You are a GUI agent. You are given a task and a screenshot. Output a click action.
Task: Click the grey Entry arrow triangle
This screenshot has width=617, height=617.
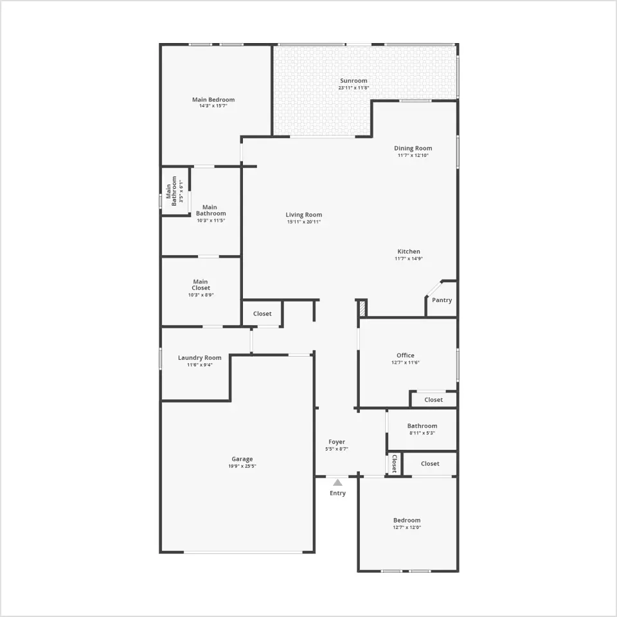(x=337, y=483)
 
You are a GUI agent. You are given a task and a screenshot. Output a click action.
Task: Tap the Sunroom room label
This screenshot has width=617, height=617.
(x=353, y=81)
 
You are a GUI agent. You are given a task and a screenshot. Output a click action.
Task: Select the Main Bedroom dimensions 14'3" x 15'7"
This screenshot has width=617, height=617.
(x=213, y=106)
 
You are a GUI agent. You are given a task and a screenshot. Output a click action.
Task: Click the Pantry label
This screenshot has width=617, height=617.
(x=442, y=300)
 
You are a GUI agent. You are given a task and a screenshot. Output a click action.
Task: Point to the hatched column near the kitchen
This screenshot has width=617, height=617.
(x=362, y=308)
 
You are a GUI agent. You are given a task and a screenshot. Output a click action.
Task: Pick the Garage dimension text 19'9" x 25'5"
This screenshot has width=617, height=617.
(x=242, y=467)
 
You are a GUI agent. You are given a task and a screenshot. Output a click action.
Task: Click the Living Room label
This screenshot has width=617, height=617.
(x=304, y=215)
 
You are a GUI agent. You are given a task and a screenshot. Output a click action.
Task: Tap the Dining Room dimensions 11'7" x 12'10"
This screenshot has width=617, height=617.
(x=413, y=156)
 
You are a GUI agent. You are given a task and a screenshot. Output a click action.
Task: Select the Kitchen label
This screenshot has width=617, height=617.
(x=409, y=251)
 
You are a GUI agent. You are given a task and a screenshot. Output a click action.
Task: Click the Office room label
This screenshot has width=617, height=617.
(x=406, y=355)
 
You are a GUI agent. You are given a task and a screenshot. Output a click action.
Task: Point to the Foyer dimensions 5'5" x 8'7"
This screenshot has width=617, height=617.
(x=337, y=449)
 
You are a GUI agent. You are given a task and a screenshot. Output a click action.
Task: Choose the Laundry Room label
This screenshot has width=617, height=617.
(x=199, y=358)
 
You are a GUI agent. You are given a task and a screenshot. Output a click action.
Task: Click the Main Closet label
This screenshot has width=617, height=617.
(x=201, y=285)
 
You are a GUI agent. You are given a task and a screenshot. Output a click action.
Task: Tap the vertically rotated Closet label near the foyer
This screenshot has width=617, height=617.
(x=394, y=464)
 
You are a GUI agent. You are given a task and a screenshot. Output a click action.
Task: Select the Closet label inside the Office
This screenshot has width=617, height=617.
(x=434, y=400)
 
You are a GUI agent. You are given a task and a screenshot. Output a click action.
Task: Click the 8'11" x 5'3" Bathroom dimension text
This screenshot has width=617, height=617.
(x=422, y=433)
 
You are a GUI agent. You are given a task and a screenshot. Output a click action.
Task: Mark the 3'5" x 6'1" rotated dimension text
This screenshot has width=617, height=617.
(x=181, y=192)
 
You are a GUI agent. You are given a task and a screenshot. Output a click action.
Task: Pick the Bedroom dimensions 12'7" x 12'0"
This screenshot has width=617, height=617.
(x=407, y=528)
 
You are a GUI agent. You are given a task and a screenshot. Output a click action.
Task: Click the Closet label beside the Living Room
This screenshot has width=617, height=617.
(x=262, y=314)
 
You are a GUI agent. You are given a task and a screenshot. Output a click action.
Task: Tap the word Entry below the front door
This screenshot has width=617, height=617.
(x=337, y=494)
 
